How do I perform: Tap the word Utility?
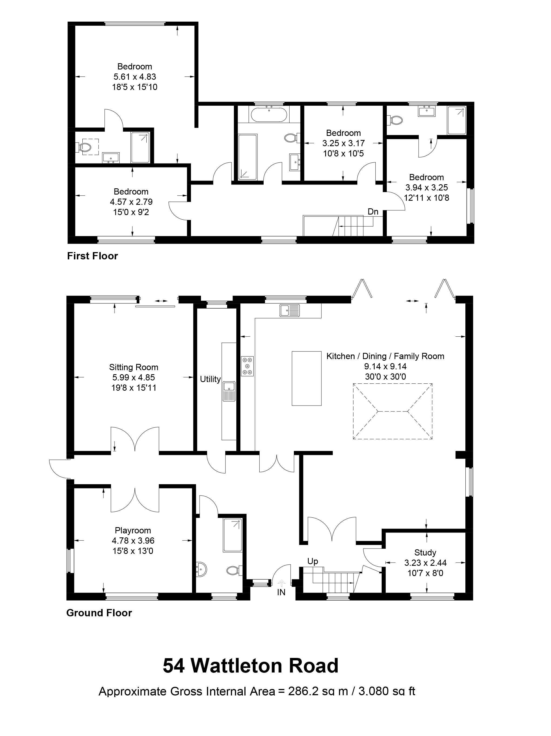[210, 379]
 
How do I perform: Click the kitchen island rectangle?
[306, 378]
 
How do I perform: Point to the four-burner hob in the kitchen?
[247, 366]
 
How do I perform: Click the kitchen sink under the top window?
[289, 310]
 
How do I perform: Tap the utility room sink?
[229, 391]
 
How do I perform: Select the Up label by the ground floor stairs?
[313, 561]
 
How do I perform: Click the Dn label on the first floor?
[373, 212]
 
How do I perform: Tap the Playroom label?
[133, 530]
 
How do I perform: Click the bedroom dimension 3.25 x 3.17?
[343, 143]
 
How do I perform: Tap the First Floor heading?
[92, 256]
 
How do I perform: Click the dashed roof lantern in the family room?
[392, 412]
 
